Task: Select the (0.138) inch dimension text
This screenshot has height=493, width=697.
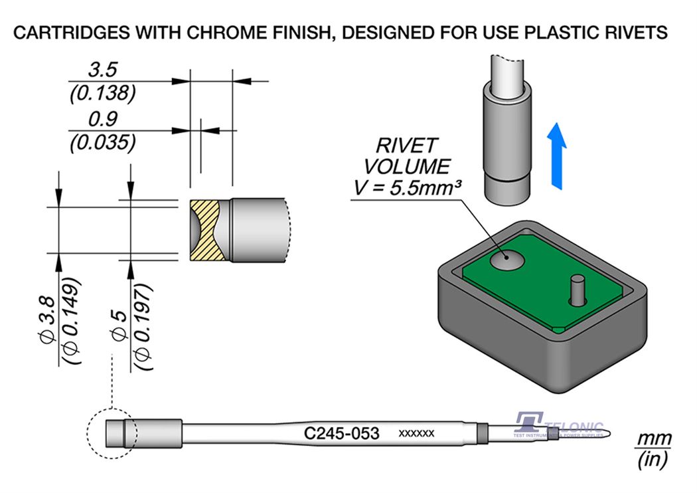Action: pos(103,94)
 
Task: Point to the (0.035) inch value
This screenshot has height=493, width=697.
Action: pos(103,142)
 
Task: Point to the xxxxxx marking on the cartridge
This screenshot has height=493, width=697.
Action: pos(416,434)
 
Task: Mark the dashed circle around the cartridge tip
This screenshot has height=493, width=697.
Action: pos(112,434)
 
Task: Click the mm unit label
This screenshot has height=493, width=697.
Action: pos(654,439)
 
